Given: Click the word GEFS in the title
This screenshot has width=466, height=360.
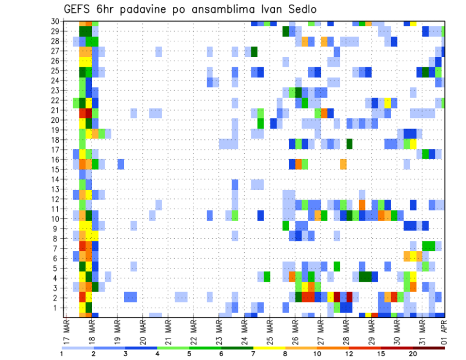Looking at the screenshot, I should click(77, 10).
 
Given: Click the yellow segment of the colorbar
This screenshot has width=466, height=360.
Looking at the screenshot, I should click(269, 348).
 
